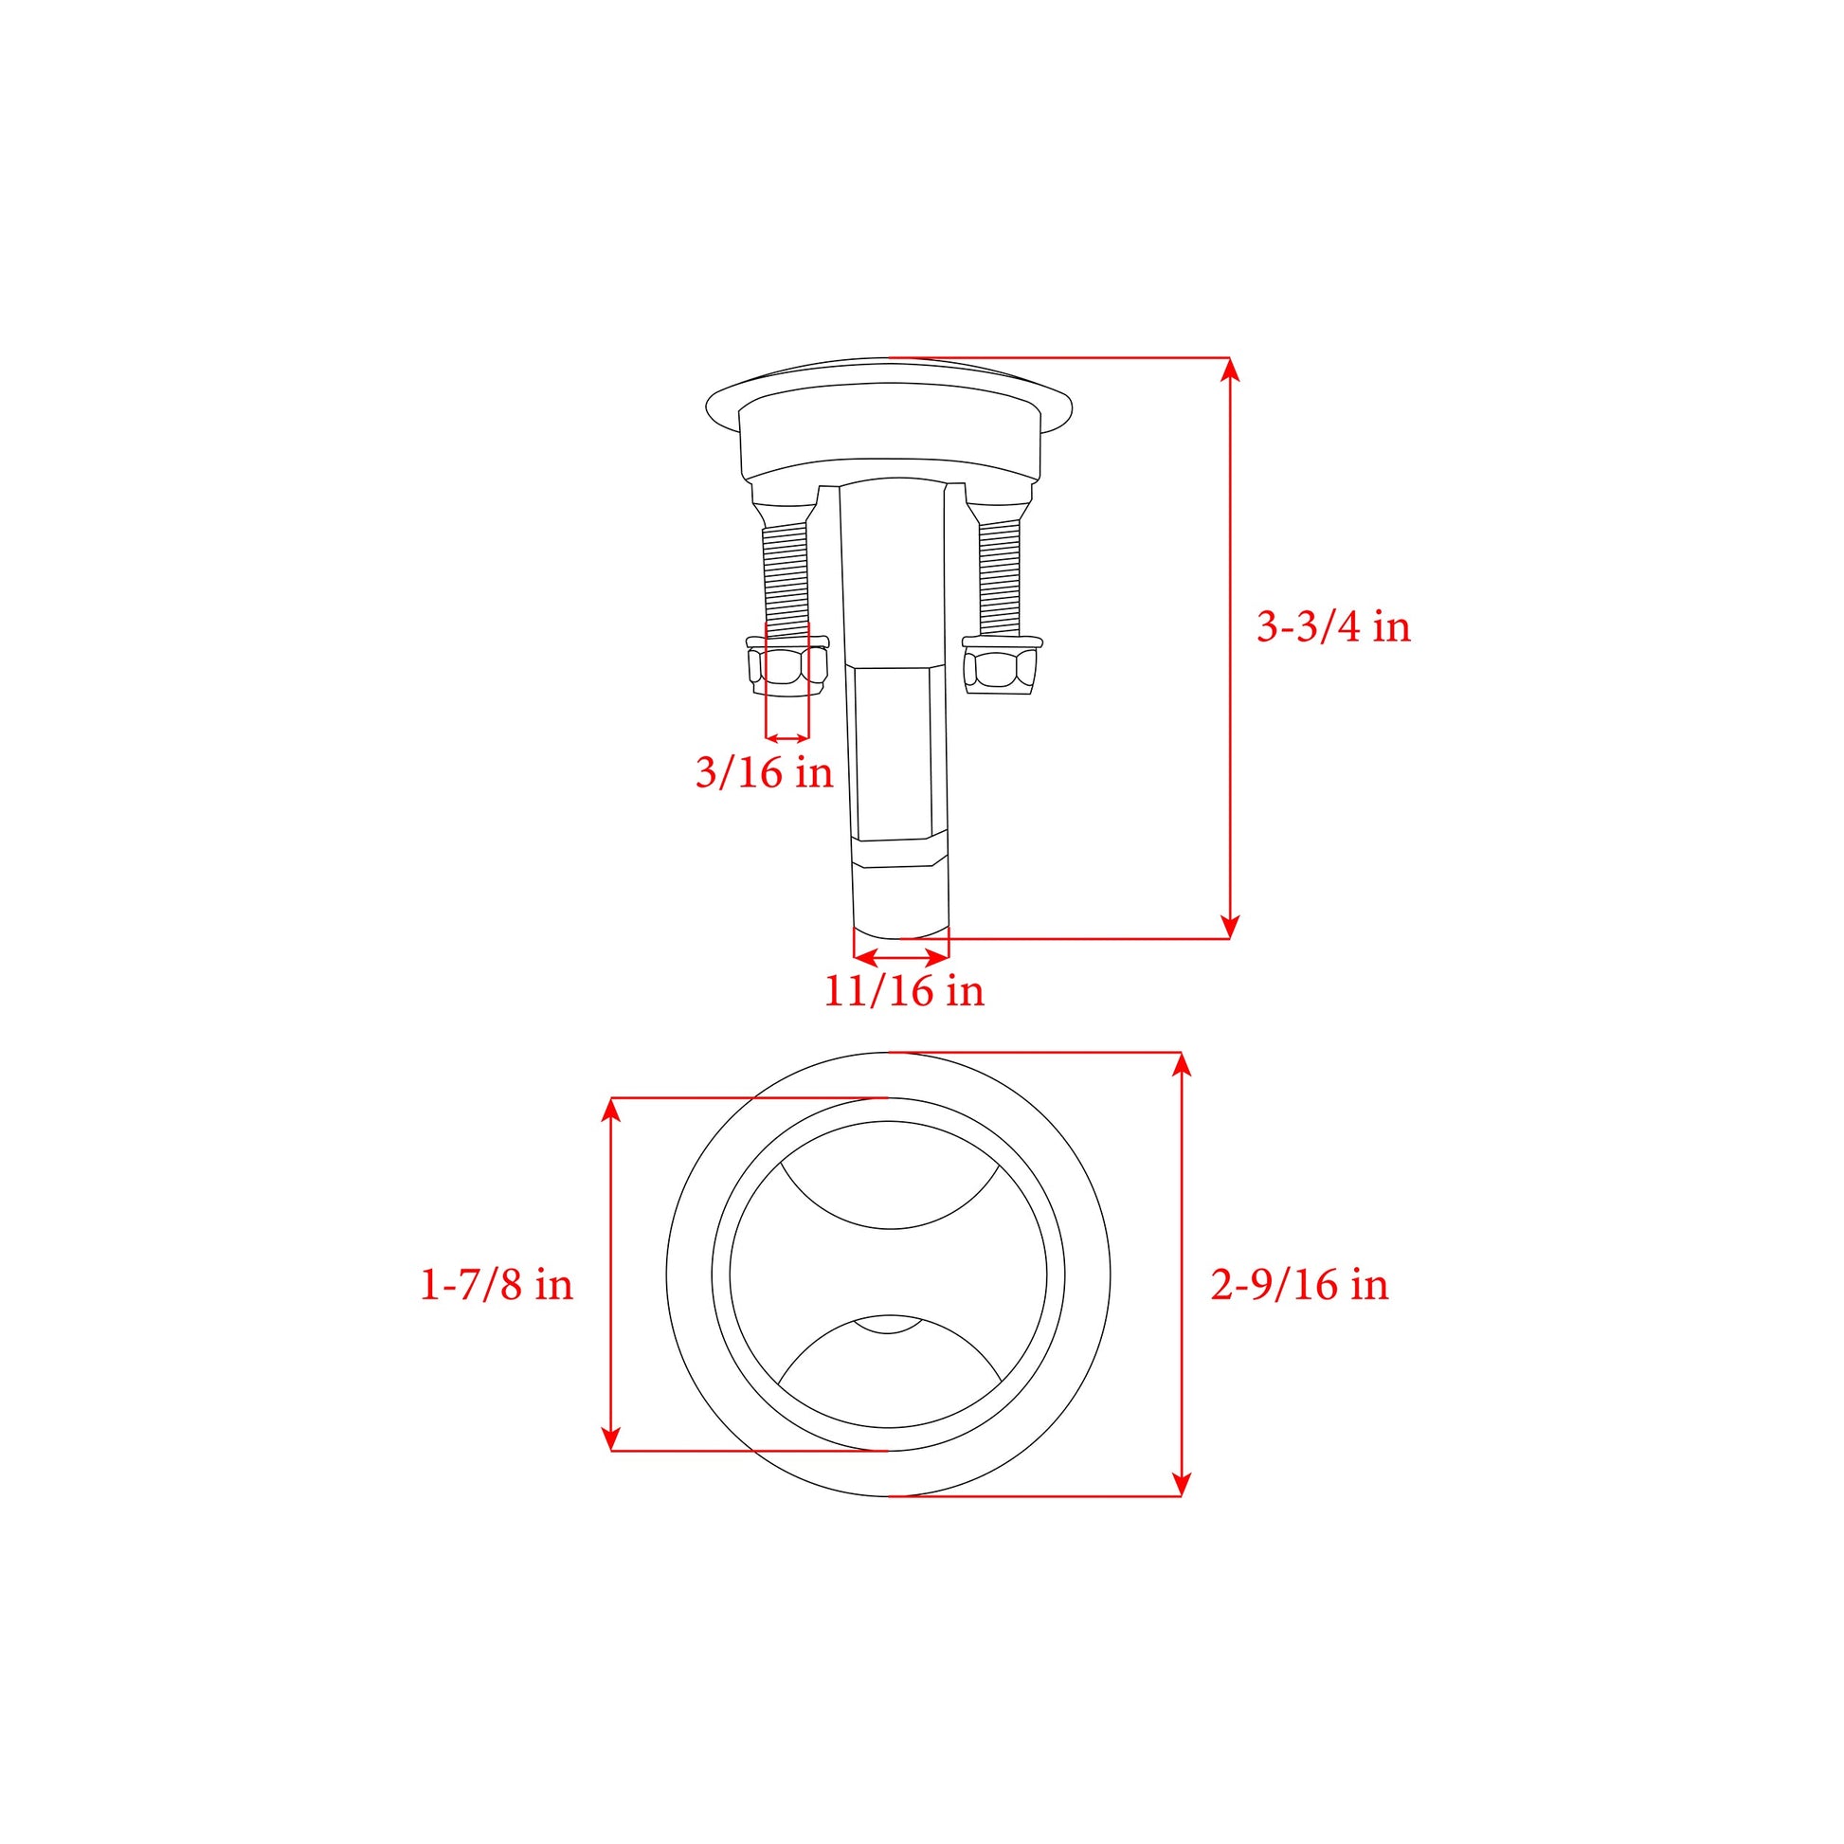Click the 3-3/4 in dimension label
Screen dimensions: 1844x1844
(x=1332, y=627)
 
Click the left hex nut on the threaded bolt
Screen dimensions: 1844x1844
(x=787, y=668)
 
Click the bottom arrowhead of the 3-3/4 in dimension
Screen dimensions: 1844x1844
(x=1230, y=927)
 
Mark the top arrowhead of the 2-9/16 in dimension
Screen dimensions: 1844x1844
(x=1182, y=1064)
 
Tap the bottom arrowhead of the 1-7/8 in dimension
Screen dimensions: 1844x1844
(x=612, y=1438)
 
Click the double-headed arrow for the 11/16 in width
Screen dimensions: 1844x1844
(x=901, y=957)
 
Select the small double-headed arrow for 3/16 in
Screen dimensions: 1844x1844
(x=787, y=738)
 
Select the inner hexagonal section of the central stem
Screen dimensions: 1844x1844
(x=894, y=754)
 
